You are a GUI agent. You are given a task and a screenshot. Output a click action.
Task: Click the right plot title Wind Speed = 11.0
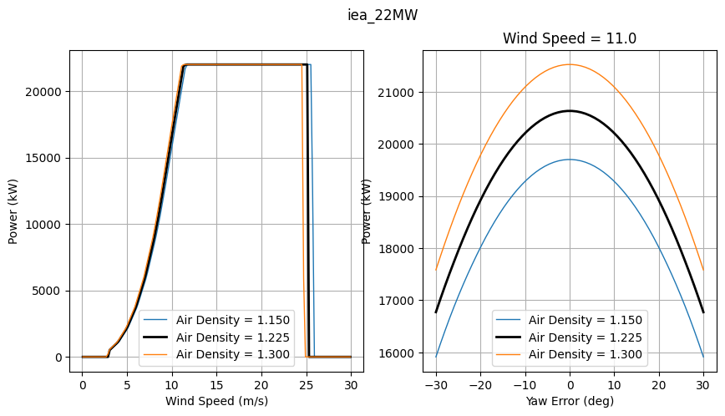(568, 38)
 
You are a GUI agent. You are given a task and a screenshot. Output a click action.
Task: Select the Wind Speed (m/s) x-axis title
(216, 400)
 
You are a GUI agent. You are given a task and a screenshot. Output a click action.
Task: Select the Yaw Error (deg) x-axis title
(570, 400)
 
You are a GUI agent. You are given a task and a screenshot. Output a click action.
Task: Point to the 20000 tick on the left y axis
(48, 92)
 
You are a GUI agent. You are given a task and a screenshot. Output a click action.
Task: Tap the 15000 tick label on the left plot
(48, 158)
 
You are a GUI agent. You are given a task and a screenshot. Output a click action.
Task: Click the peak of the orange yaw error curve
(570, 64)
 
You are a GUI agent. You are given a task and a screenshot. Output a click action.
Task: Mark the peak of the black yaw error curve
(570, 110)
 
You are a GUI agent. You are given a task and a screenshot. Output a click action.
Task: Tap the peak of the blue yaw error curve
(570, 160)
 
